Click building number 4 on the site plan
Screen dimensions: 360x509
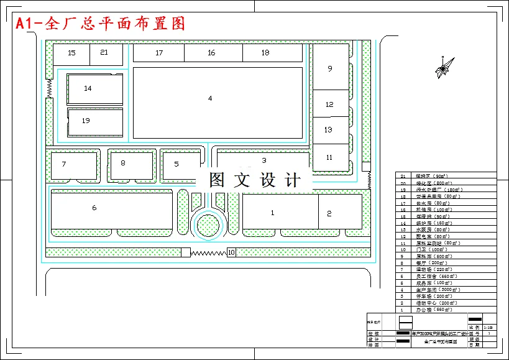point(218,103)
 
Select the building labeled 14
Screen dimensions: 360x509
point(95,89)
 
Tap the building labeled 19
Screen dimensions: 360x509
point(95,121)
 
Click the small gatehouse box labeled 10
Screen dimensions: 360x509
point(231,252)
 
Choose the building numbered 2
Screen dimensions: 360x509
point(341,212)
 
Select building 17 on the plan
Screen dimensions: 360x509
point(159,53)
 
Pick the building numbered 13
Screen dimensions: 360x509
point(329,130)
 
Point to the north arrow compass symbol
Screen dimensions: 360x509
point(442,68)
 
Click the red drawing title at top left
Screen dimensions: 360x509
point(100,24)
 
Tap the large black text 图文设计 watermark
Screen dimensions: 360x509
point(255,180)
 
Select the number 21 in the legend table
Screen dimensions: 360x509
point(402,177)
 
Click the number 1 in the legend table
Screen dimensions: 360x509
point(402,309)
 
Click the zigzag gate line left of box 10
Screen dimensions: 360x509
point(208,253)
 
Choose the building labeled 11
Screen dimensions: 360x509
point(329,158)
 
